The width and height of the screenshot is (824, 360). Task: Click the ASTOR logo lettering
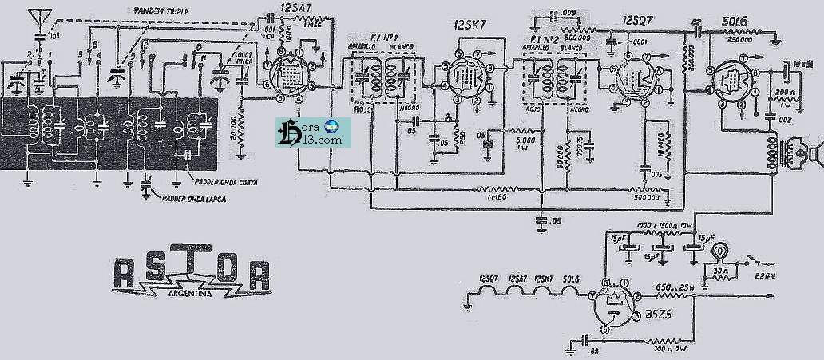[x=190, y=272]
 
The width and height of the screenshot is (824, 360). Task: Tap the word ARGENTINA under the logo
[x=190, y=295]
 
